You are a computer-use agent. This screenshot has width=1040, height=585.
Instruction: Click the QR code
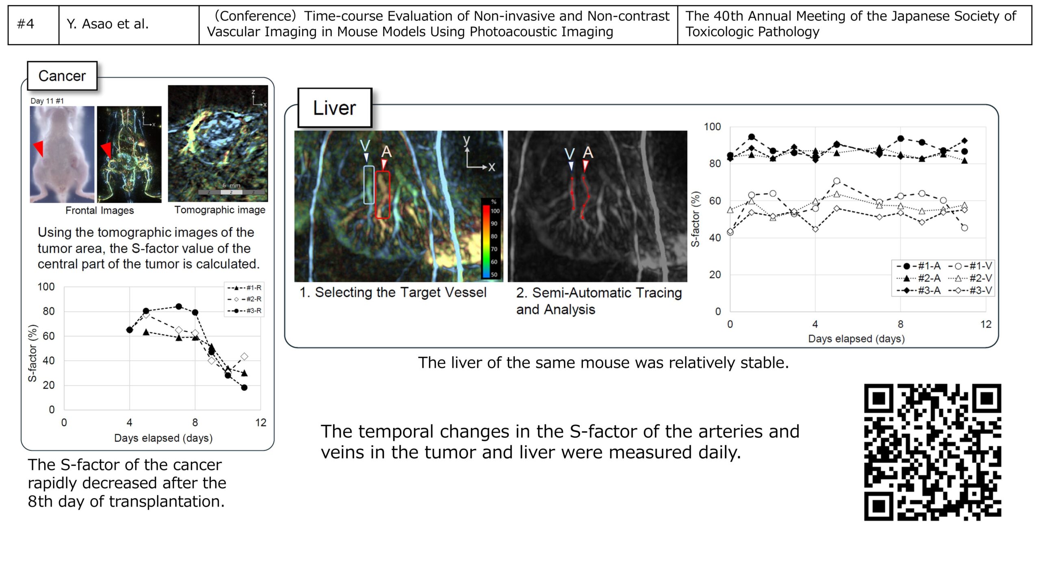932,452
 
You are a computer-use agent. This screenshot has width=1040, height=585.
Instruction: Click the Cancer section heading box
62,76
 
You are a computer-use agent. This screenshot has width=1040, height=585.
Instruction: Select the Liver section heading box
335,108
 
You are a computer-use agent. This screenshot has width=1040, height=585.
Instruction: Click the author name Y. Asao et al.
108,24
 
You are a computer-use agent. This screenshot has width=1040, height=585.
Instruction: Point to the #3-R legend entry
244,311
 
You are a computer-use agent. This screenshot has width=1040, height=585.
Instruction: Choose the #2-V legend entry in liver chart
970,278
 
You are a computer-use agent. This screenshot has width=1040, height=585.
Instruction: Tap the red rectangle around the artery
383,195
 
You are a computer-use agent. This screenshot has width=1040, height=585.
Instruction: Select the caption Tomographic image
220,210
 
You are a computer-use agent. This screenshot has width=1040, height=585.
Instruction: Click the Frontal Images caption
100,210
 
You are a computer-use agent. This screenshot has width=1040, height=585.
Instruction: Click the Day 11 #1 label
47,101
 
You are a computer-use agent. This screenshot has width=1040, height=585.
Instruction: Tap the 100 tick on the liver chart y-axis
712,127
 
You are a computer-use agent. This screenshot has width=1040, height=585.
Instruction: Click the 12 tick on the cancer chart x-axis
261,423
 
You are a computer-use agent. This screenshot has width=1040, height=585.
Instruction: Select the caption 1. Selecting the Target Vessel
393,292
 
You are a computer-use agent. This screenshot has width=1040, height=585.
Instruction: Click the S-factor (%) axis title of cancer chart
32,353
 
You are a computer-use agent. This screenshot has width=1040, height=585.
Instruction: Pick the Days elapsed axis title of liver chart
856,339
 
